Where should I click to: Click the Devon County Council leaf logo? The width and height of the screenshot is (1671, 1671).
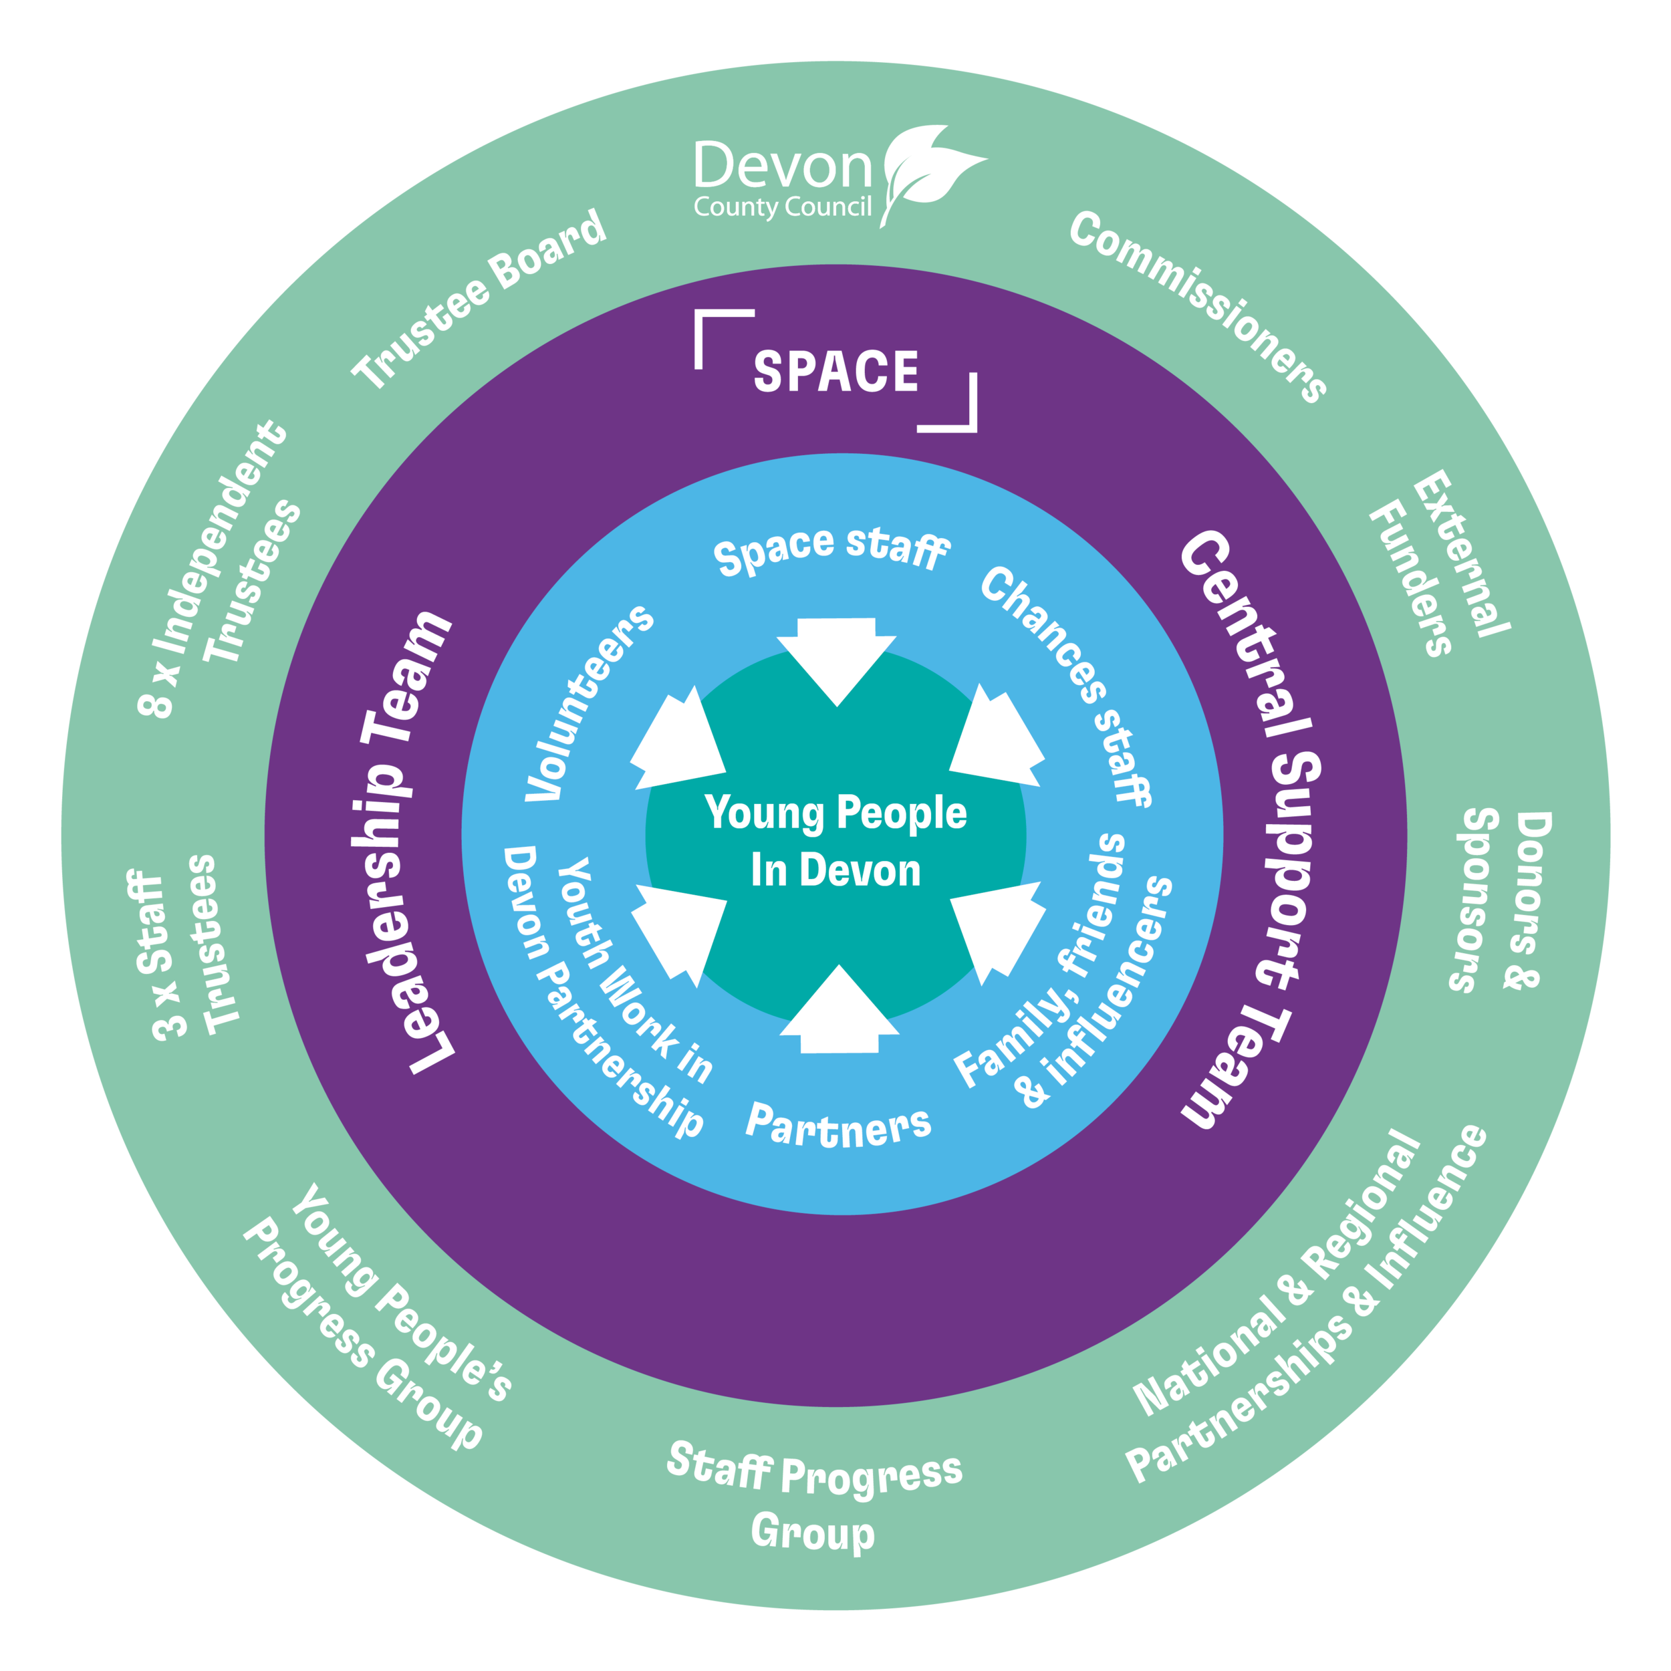930,173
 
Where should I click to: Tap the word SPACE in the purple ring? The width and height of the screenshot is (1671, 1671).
835,372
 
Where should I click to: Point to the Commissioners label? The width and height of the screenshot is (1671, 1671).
1198,306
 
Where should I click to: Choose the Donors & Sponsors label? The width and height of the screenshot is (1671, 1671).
1501,900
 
